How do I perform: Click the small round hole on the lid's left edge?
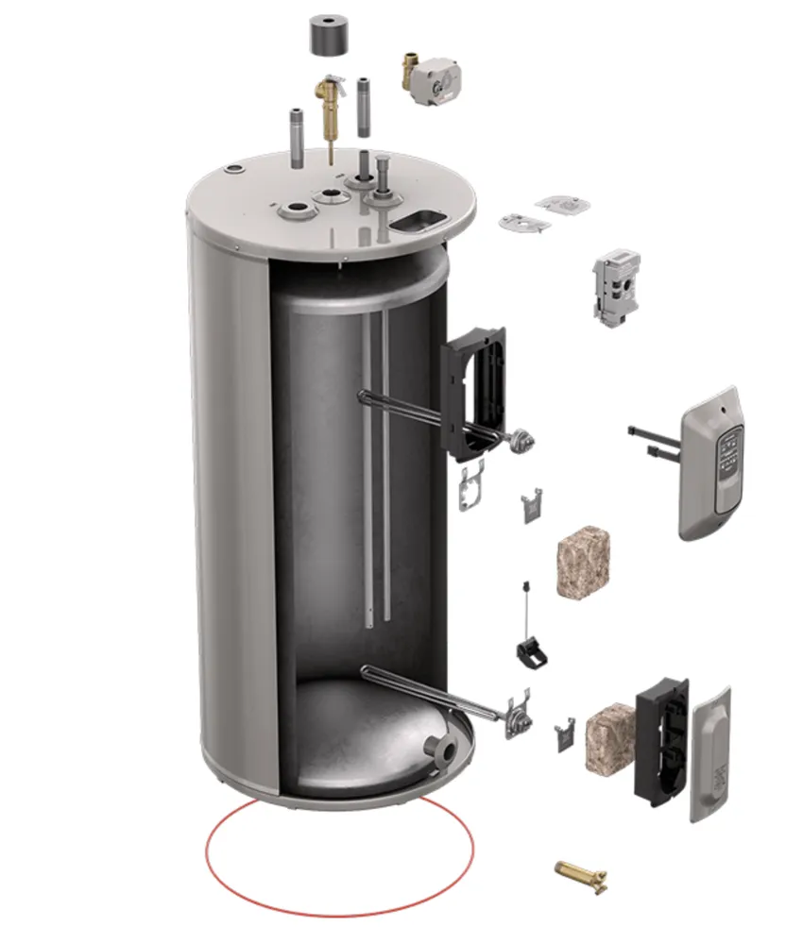[x=231, y=171]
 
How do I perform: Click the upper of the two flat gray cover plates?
[x=564, y=203]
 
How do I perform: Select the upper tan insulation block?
[x=585, y=562]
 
